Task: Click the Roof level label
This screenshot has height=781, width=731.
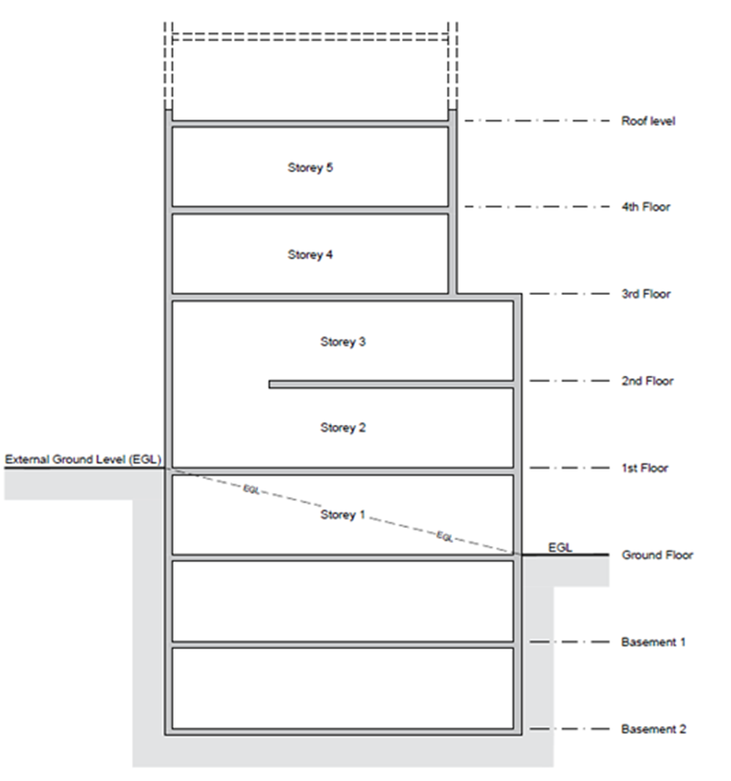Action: [648, 121]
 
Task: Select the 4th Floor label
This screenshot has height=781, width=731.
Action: [646, 207]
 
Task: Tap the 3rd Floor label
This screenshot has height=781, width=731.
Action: [646, 294]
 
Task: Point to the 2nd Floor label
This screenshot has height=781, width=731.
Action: [647, 381]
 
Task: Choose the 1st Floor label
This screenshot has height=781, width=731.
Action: [645, 469]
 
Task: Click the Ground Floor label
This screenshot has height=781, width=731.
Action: [657, 555]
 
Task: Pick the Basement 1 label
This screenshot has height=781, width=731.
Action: [652, 642]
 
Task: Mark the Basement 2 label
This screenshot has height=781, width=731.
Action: [653, 730]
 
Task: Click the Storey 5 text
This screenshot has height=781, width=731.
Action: [310, 168]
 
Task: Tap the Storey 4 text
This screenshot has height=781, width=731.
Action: [310, 255]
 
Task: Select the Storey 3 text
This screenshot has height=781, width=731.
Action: [343, 342]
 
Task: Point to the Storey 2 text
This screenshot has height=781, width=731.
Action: [343, 428]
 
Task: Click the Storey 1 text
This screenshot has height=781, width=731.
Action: [343, 515]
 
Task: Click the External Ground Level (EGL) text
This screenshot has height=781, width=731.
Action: [83, 459]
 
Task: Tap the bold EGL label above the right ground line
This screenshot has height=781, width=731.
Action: [560, 547]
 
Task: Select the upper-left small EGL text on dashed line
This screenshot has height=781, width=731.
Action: [251, 490]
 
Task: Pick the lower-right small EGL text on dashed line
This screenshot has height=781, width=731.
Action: [445, 537]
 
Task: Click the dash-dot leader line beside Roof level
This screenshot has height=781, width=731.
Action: [536, 120]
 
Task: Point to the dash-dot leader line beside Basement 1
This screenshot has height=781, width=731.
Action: [570, 642]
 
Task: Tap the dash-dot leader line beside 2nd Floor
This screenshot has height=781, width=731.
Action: [570, 381]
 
